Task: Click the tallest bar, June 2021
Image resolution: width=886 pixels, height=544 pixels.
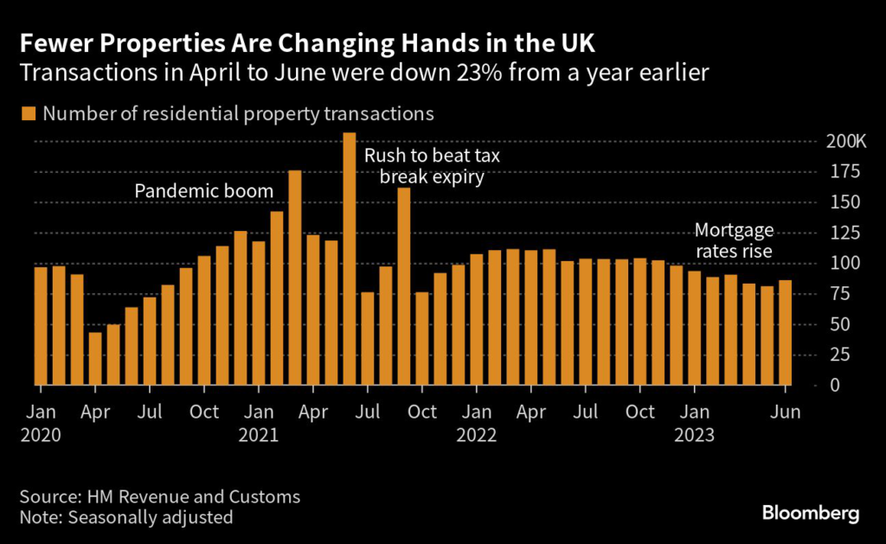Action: (350, 259)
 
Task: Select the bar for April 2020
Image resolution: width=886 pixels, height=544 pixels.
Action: (95, 358)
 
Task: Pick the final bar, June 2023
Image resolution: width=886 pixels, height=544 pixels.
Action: (785, 332)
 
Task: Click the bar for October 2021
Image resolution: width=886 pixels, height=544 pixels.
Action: (422, 338)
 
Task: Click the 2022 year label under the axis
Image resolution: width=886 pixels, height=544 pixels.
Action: (478, 435)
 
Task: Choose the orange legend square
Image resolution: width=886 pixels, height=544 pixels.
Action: (29, 113)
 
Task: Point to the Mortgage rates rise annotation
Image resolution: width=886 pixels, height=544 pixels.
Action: (734, 240)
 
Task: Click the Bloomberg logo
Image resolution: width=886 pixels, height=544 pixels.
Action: (810, 514)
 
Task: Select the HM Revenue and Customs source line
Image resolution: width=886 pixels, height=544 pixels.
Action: (160, 496)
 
